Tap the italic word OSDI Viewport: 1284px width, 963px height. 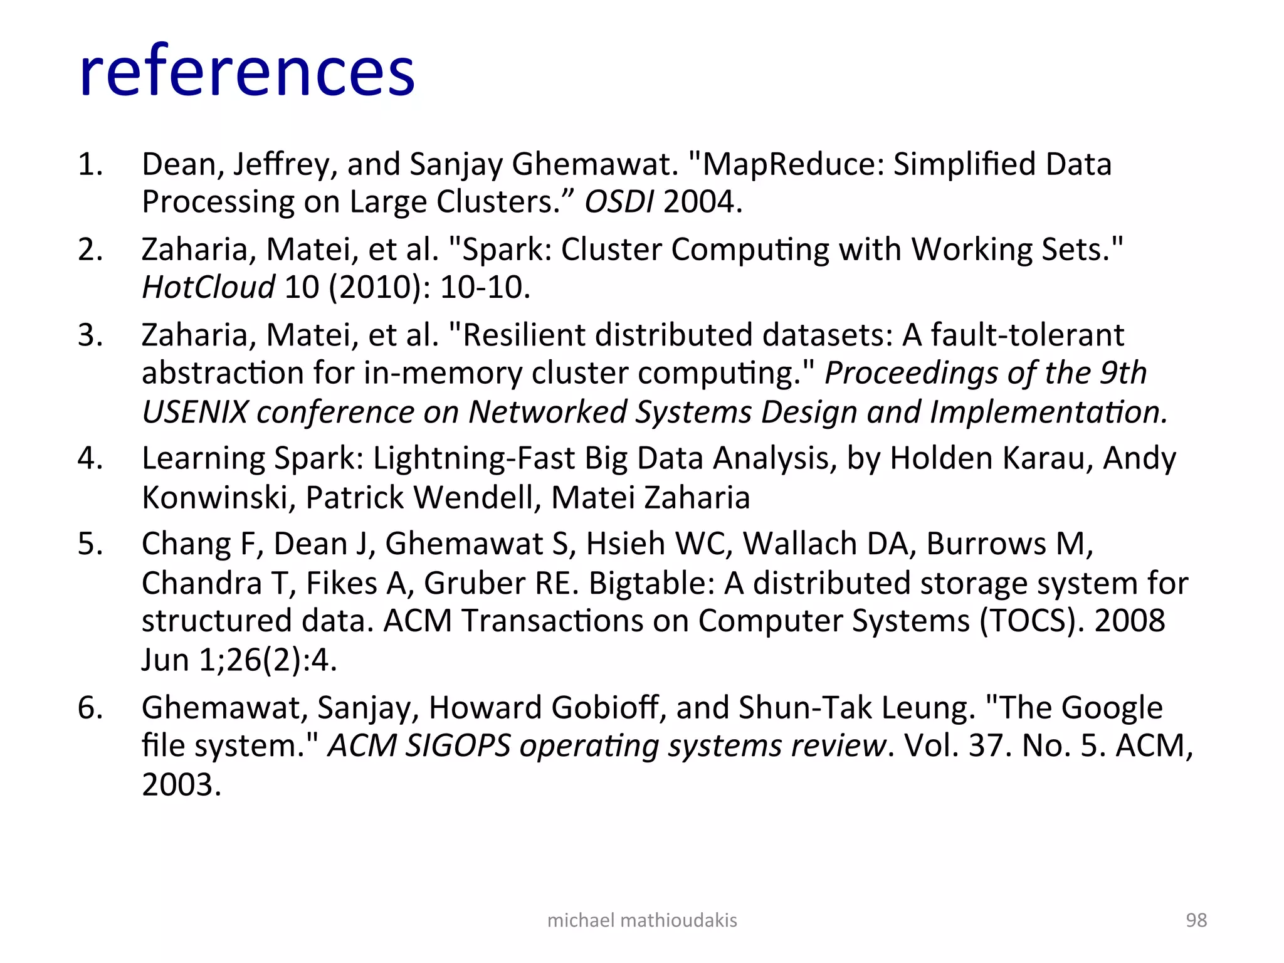pos(619,202)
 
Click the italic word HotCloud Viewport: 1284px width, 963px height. pos(208,287)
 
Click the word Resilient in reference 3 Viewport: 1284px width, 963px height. pos(524,335)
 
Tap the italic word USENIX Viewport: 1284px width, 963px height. pos(195,413)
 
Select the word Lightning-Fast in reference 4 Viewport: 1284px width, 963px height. pos(474,458)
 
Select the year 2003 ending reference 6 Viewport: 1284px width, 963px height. pos(181,785)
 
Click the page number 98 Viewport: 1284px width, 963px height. pos(1196,920)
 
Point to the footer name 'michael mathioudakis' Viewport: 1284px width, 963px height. pos(642,920)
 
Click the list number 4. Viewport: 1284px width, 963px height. pos(90,458)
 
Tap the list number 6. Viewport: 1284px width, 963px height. pos(90,708)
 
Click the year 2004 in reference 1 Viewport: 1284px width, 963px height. pos(702,202)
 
